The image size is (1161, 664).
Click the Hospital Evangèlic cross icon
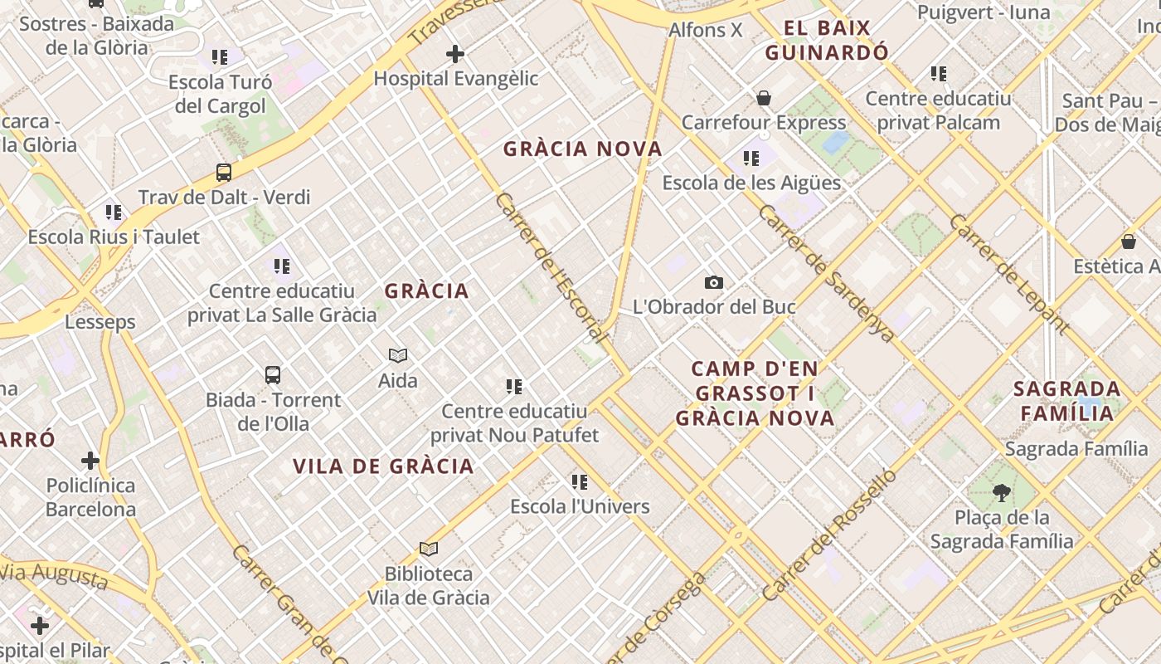pyautogui.click(x=454, y=54)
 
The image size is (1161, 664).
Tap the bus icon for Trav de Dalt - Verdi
pyautogui.click(x=224, y=173)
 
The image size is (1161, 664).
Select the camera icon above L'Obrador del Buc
pyautogui.click(x=713, y=282)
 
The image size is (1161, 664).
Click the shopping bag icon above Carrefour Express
pyautogui.click(x=764, y=98)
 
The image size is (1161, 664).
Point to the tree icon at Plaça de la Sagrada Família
pyautogui.click(x=1002, y=493)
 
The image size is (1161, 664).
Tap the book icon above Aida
pyautogui.click(x=398, y=355)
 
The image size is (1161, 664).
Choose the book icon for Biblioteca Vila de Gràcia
pyautogui.click(x=429, y=549)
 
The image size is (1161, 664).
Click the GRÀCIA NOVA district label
pyautogui.click(x=583, y=149)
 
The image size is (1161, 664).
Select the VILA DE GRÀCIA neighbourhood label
pyautogui.click(x=383, y=466)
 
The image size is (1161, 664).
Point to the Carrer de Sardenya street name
pyautogui.click(x=826, y=274)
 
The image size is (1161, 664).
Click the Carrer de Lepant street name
pyautogui.click(x=1008, y=273)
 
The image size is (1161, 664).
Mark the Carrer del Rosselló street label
pyautogui.click(x=829, y=535)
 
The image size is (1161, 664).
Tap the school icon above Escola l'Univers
pyautogui.click(x=580, y=481)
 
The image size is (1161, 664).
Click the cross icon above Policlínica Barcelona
pyautogui.click(x=90, y=460)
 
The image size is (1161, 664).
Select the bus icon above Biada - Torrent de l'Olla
pyautogui.click(x=273, y=375)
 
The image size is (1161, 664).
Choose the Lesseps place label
pyautogui.click(x=100, y=321)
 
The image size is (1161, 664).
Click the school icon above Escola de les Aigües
pyautogui.click(x=751, y=158)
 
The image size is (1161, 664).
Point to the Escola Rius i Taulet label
pyautogui.click(x=114, y=237)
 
